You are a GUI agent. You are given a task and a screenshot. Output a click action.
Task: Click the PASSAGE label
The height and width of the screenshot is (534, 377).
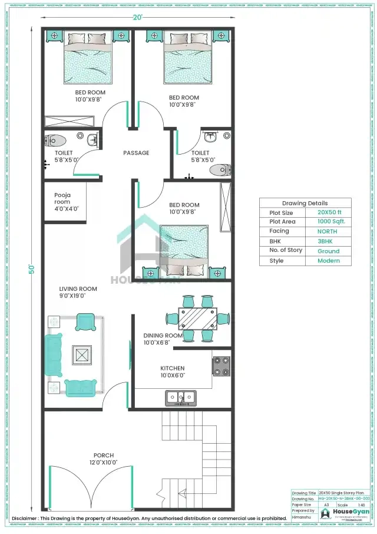136,153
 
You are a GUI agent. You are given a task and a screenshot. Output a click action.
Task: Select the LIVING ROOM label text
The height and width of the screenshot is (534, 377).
78,289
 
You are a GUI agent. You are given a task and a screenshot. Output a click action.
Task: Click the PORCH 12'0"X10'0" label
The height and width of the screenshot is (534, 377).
103,459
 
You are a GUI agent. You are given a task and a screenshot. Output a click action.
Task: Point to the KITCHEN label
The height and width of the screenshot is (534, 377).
173,368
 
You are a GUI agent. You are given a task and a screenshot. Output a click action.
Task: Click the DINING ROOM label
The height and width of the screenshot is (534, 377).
163,335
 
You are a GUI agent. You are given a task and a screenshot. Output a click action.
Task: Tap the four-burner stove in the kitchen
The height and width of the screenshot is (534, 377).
221,366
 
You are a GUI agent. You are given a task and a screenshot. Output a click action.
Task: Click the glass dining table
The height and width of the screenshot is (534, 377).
197,319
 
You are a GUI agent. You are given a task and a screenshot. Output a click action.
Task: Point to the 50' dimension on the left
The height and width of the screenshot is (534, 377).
34,269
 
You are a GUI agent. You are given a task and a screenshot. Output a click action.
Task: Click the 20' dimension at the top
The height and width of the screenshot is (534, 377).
137,18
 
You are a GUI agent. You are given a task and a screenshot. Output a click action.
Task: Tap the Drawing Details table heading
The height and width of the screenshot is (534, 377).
305,203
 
